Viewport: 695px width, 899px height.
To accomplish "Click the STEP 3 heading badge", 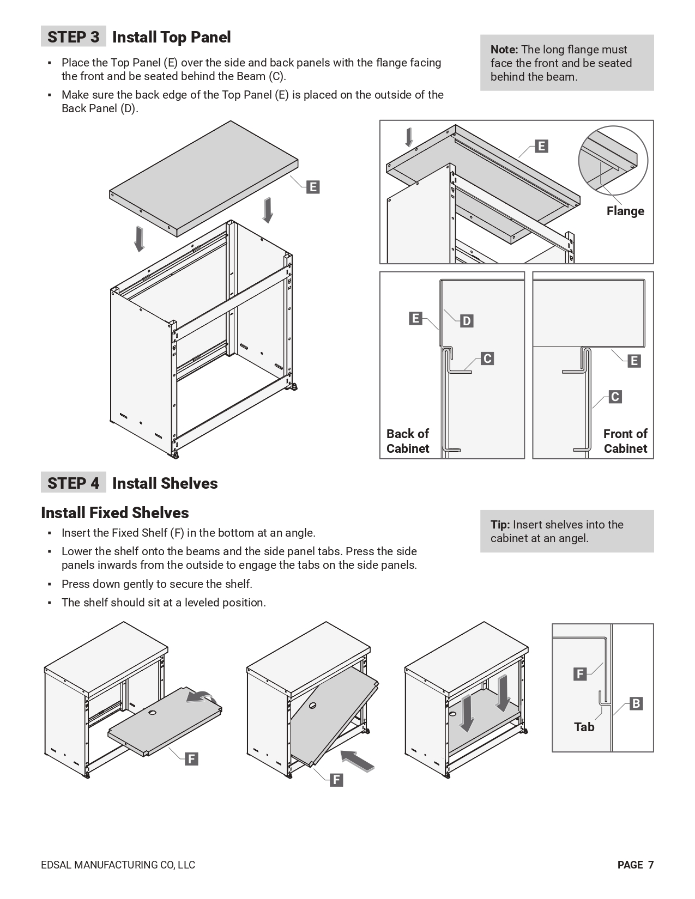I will (x=73, y=37).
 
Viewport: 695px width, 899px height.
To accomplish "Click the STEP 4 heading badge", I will (x=73, y=483).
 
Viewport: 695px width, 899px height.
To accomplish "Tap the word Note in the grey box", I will (x=504, y=50).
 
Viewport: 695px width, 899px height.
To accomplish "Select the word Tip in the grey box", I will (x=500, y=525).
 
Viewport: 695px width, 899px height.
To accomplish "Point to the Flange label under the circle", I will (x=625, y=211).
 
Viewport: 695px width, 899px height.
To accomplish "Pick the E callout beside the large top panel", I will (x=313, y=187).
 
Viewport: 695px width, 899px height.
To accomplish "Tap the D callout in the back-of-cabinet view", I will (x=467, y=321).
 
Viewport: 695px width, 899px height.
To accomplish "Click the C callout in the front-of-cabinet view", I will (x=615, y=397).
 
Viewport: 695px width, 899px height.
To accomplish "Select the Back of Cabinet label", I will (x=408, y=441).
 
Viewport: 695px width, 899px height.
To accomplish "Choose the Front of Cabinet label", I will (x=625, y=441).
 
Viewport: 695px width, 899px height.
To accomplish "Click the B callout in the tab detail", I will (x=636, y=703).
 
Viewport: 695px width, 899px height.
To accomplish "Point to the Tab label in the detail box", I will (x=584, y=727).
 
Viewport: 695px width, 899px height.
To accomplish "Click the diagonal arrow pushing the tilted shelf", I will (x=358, y=760).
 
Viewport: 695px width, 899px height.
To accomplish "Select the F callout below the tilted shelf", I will (x=336, y=780).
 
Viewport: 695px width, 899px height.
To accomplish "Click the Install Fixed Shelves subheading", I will (x=115, y=513).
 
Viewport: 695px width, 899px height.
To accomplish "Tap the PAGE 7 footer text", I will (x=635, y=865).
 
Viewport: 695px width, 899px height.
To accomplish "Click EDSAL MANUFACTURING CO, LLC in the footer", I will (x=118, y=865).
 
